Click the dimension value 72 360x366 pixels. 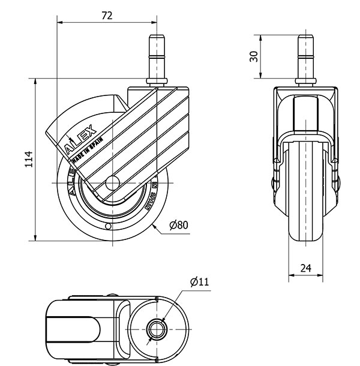(106, 16)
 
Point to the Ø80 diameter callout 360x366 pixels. (178, 225)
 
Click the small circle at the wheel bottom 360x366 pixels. (108, 227)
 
